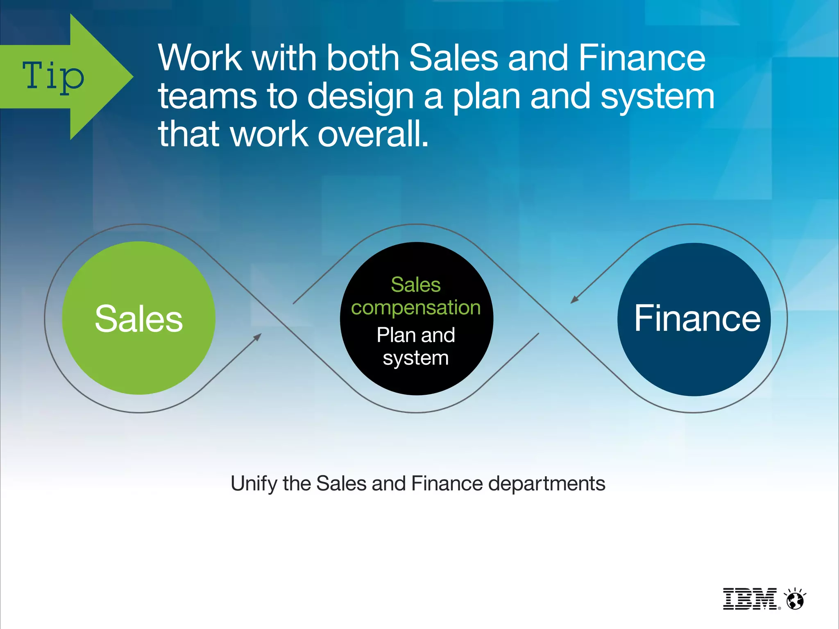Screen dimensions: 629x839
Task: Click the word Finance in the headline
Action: (642, 58)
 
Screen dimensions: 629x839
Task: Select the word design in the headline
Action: (361, 97)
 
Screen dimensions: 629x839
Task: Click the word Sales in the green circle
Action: (138, 319)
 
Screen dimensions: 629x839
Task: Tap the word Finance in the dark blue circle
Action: (697, 319)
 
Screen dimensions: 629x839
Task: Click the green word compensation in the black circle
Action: (416, 308)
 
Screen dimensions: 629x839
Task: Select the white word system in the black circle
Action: (416, 358)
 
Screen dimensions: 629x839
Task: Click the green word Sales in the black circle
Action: (416, 285)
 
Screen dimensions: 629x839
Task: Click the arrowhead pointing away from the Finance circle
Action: (574, 300)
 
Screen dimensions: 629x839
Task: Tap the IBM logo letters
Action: (749, 599)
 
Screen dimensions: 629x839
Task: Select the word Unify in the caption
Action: (254, 484)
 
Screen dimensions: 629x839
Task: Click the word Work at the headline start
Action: (200, 58)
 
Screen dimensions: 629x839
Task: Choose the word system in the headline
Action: (657, 97)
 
